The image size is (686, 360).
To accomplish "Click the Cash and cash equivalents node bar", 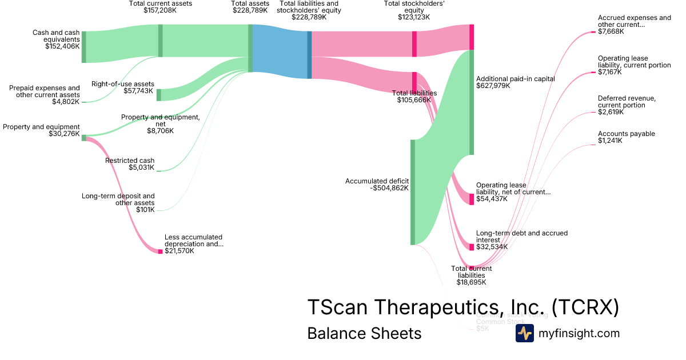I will pos(84,47).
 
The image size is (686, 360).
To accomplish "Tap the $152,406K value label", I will pos(62,46).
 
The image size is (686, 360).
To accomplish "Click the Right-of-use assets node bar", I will pos(159,95).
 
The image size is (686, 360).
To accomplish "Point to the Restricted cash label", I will pos(130,161).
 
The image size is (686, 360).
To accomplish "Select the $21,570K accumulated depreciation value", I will pos(179,251).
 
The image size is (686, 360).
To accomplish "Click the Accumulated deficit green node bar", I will pos(413,192).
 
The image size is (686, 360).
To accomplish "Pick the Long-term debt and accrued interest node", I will pos(472,247).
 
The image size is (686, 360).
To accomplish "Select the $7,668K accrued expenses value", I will pos(611,31).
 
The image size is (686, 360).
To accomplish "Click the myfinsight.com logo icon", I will pos(524,333).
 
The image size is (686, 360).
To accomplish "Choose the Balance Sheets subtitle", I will pos(364,333).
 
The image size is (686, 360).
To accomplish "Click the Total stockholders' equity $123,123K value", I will pos(414,17).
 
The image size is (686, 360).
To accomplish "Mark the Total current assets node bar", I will pos(161,41).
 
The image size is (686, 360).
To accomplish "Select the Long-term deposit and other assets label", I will pos(118,199).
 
